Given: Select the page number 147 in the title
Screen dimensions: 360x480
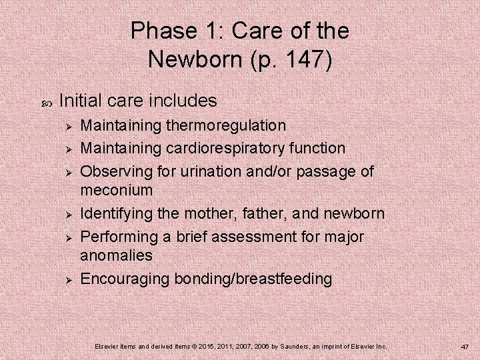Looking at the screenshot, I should tap(305, 59).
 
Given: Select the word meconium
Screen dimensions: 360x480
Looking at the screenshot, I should tap(117, 190).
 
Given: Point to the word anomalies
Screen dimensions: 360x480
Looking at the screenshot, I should tap(116, 255).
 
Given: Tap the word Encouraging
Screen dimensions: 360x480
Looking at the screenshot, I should tap(125, 279).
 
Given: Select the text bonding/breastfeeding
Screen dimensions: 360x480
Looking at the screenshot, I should tap(253, 279).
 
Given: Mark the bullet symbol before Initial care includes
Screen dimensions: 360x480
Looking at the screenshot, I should tap(46, 102).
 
